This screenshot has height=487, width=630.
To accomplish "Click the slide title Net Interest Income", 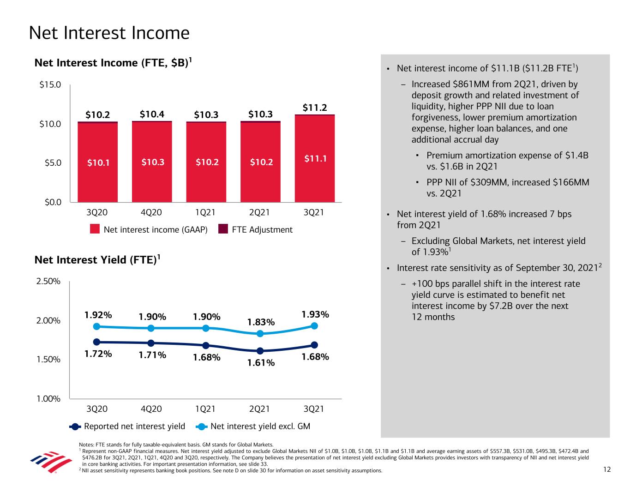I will click(x=109, y=33).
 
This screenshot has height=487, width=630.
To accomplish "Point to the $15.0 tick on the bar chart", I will click(x=51, y=85).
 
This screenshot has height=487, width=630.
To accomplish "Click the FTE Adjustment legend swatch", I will click(x=223, y=229).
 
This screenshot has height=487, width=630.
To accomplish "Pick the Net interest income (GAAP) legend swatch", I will click(x=95, y=229).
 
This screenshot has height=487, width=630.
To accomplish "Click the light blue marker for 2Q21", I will click(x=260, y=334).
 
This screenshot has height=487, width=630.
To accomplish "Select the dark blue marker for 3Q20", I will click(x=96, y=342).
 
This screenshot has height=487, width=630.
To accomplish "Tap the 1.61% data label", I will click(x=261, y=363).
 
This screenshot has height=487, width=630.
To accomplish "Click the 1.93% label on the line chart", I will click(x=315, y=314).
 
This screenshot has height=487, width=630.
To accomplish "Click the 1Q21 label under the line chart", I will click(x=205, y=409).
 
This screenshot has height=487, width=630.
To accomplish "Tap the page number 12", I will click(x=606, y=469).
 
